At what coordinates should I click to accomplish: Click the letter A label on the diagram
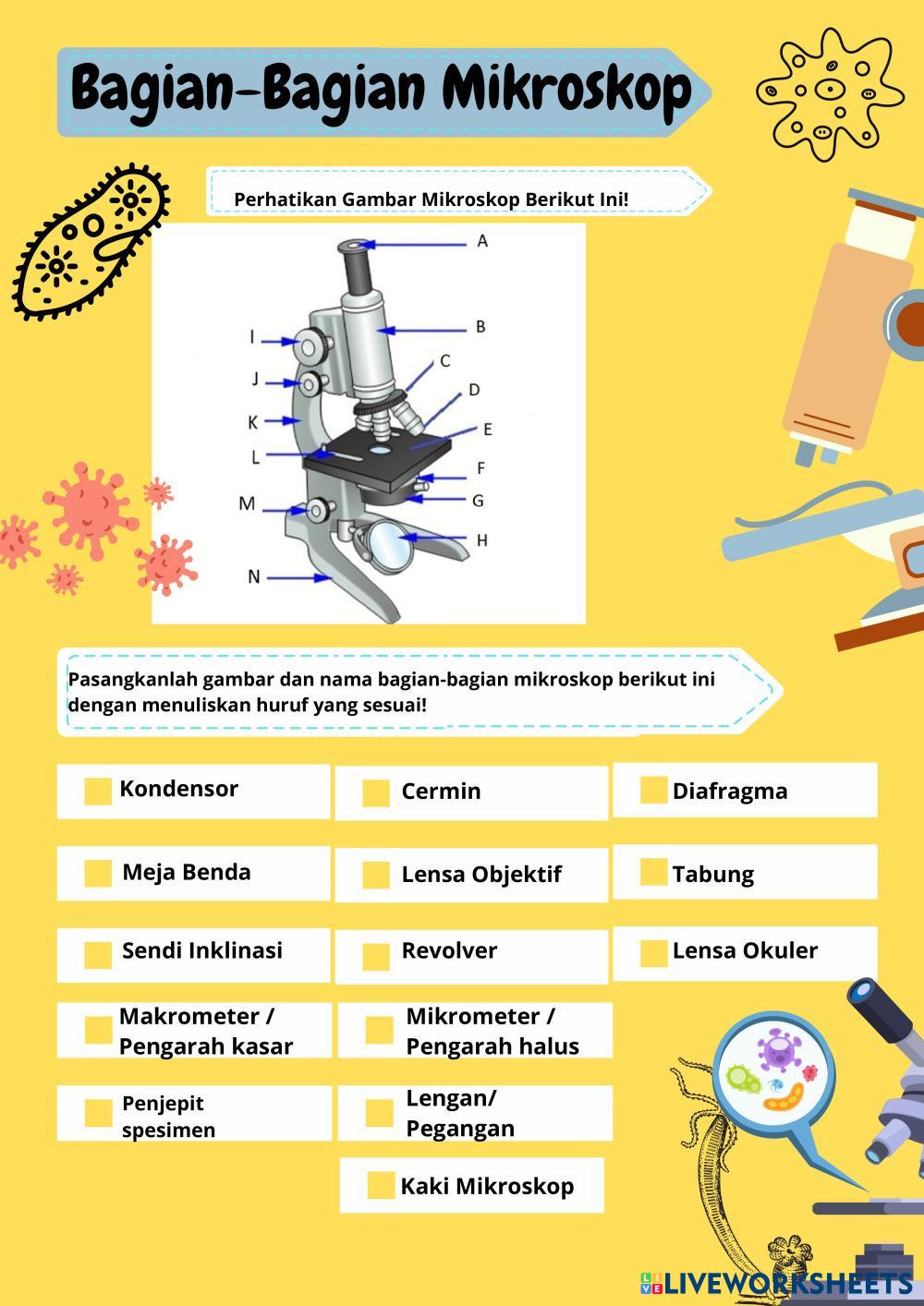click(x=482, y=241)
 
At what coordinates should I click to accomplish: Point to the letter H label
click(x=481, y=540)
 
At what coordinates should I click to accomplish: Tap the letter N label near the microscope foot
click(x=254, y=576)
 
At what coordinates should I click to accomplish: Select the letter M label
click(x=247, y=503)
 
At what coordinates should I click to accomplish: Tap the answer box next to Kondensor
click(x=98, y=792)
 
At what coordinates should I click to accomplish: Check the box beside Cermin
click(x=376, y=792)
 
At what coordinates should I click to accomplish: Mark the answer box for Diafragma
click(x=653, y=790)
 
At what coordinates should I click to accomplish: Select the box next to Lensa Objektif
click(x=376, y=876)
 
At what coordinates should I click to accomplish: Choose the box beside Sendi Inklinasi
click(x=98, y=955)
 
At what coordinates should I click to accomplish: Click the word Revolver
click(x=449, y=950)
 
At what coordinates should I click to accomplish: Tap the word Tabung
click(x=712, y=876)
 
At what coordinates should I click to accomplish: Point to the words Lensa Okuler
click(x=745, y=950)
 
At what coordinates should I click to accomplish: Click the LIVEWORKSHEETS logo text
click(x=788, y=1284)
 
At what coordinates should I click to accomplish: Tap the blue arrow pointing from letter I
click(x=279, y=341)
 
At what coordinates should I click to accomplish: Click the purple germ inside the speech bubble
click(x=779, y=1050)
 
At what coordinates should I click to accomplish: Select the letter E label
click(x=488, y=429)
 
